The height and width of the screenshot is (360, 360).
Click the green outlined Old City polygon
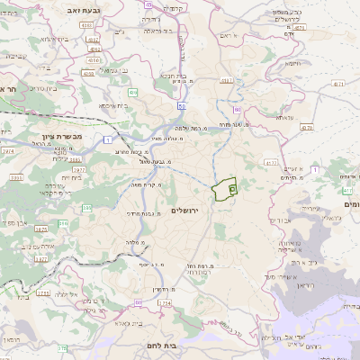point(222,191)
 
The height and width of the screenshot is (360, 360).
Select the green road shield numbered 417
point(347,190)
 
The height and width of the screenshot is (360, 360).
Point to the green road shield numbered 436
point(132,93)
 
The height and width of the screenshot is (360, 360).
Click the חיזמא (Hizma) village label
point(293,64)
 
